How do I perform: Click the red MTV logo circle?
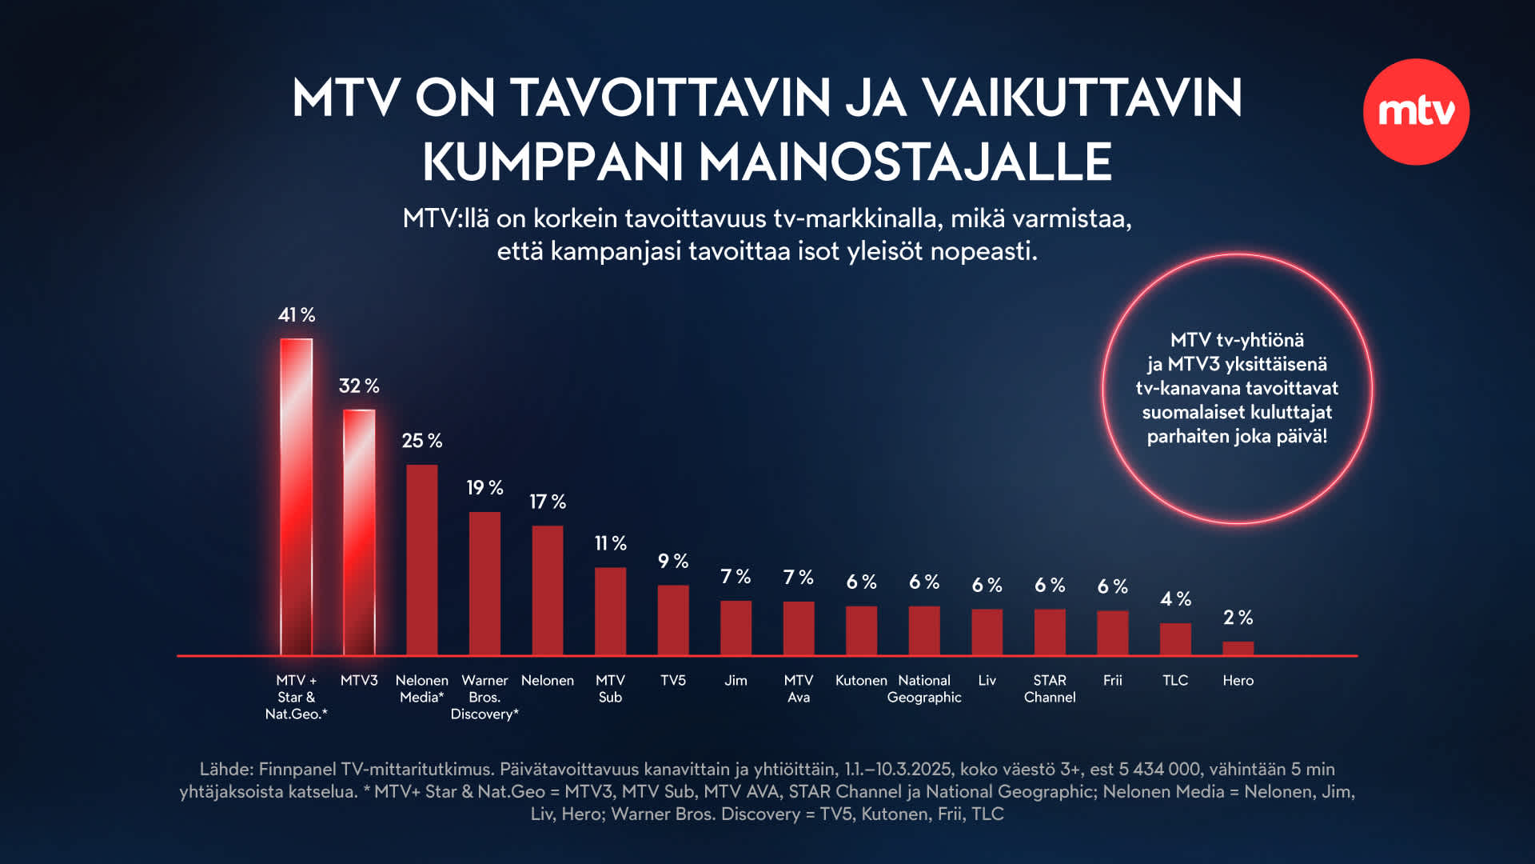pyautogui.click(x=1416, y=112)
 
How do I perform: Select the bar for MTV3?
pyautogui.click(x=359, y=532)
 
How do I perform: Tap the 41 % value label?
pyautogui.click(x=297, y=315)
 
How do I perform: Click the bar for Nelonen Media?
pyautogui.click(x=421, y=560)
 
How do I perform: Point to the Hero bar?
pyautogui.click(x=1238, y=648)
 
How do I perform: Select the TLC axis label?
pyautogui.click(x=1175, y=680)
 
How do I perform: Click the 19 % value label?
pyautogui.click(x=484, y=487)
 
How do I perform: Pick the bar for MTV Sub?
pyautogui.click(x=610, y=611)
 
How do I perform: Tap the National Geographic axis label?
pyautogui.click(x=924, y=689)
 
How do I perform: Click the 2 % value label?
pyautogui.click(x=1238, y=617)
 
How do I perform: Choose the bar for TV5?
pyautogui.click(x=673, y=620)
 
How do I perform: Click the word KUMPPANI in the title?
pyautogui.click(x=552, y=162)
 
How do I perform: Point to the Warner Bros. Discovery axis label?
pyautogui.click(x=484, y=697)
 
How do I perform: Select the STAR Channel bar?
pyautogui.click(x=1050, y=632)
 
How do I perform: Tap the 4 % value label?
pyautogui.click(x=1175, y=598)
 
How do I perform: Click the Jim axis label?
pyautogui.click(x=736, y=680)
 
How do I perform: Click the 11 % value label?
pyautogui.click(x=610, y=543)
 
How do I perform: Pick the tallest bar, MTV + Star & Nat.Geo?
pyautogui.click(x=296, y=496)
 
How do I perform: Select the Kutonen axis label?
pyautogui.click(x=861, y=680)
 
